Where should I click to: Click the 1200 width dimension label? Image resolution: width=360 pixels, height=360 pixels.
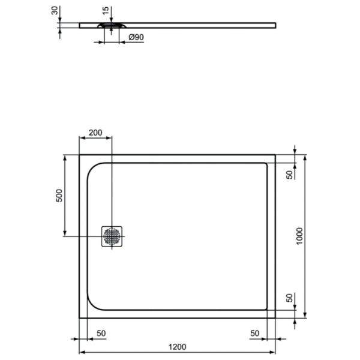point(177,347)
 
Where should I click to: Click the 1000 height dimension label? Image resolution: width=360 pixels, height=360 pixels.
point(299,236)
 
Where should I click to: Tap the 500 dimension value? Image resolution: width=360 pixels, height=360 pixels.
point(59,196)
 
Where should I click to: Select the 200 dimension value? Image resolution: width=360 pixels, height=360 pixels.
point(95,133)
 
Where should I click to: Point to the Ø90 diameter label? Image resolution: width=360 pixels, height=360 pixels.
point(136,37)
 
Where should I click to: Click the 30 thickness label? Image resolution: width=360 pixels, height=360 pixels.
point(55,11)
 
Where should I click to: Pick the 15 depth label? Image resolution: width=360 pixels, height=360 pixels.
point(106,11)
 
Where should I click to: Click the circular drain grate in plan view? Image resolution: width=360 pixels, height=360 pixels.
point(112,236)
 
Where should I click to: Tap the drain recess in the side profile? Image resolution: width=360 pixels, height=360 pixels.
point(112,25)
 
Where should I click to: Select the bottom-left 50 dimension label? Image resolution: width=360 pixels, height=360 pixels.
point(101,333)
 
